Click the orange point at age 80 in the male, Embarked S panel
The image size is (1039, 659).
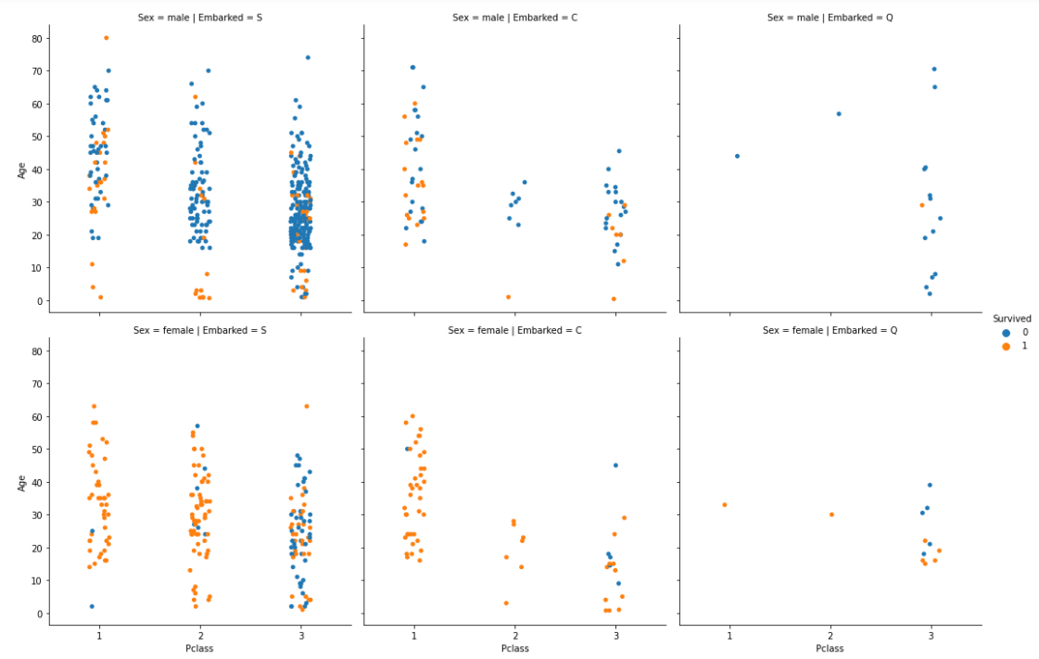[x=106, y=38]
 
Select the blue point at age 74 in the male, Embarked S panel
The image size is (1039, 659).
[x=308, y=57]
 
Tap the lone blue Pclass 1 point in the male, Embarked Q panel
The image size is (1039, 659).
[x=737, y=156]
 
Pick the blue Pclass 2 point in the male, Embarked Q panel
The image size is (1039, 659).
[x=839, y=114]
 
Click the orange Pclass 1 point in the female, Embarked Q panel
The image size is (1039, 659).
[x=724, y=505]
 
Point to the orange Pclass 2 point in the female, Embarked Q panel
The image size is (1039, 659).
[x=831, y=514]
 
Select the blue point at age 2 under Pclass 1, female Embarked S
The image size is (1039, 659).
[x=92, y=606]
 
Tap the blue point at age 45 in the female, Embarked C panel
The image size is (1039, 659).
[x=615, y=465]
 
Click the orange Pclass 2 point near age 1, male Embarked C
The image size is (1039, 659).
[x=508, y=297]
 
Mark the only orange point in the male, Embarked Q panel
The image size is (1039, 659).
[x=922, y=205]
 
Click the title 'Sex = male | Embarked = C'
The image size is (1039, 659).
[x=505, y=17]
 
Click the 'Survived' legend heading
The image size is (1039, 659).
[x=1011, y=318]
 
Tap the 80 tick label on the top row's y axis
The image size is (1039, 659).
[x=36, y=38]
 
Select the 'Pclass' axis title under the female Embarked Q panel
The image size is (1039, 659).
[x=830, y=649]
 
